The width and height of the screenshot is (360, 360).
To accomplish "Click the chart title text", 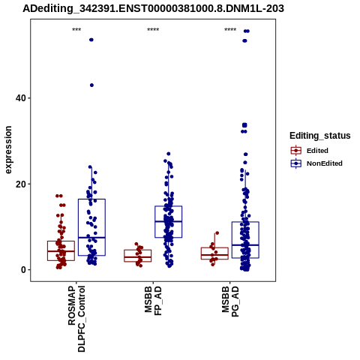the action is pyautogui.click(x=153, y=9).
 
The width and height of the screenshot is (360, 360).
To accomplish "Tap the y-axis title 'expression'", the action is pyautogui.click(x=8, y=150).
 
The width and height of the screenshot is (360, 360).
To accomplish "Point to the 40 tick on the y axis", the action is pyautogui.click(x=21, y=98).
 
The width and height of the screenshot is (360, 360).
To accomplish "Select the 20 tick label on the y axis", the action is pyautogui.click(x=21, y=184).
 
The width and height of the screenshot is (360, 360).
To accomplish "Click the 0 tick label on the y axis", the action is pyautogui.click(x=23, y=270).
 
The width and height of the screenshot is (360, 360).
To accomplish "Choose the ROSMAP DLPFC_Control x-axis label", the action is pyautogui.click(x=76, y=319).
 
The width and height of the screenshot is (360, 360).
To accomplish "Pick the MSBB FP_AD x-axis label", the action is pyautogui.click(x=153, y=301).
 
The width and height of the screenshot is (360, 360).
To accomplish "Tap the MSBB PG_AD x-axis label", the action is pyautogui.click(x=230, y=301).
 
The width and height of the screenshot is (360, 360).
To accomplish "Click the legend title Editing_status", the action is pyautogui.click(x=319, y=136).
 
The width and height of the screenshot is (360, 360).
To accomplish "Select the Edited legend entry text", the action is pyautogui.click(x=317, y=151).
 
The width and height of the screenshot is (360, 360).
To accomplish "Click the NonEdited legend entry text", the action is pyautogui.click(x=325, y=163).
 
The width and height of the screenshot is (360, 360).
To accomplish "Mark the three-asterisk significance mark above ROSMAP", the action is pyautogui.click(x=76, y=30).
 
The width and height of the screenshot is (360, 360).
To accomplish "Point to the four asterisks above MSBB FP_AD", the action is pyautogui.click(x=153, y=30).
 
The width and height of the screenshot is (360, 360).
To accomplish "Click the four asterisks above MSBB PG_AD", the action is pyautogui.click(x=230, y=30).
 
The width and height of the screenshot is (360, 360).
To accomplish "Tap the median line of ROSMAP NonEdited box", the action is pyautogui.click(x=91, y=238).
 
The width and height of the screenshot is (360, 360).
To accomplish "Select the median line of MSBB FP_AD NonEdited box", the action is pyautogui.click(x=169, y=221).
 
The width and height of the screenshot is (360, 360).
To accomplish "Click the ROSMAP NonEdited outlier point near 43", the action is pyautogui.click(x=91, y=85).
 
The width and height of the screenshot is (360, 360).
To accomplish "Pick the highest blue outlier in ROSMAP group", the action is pyautogui.click(x=91, y=40).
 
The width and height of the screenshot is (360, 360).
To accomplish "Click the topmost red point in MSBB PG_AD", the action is pyautogui.click(x=217, y=233).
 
